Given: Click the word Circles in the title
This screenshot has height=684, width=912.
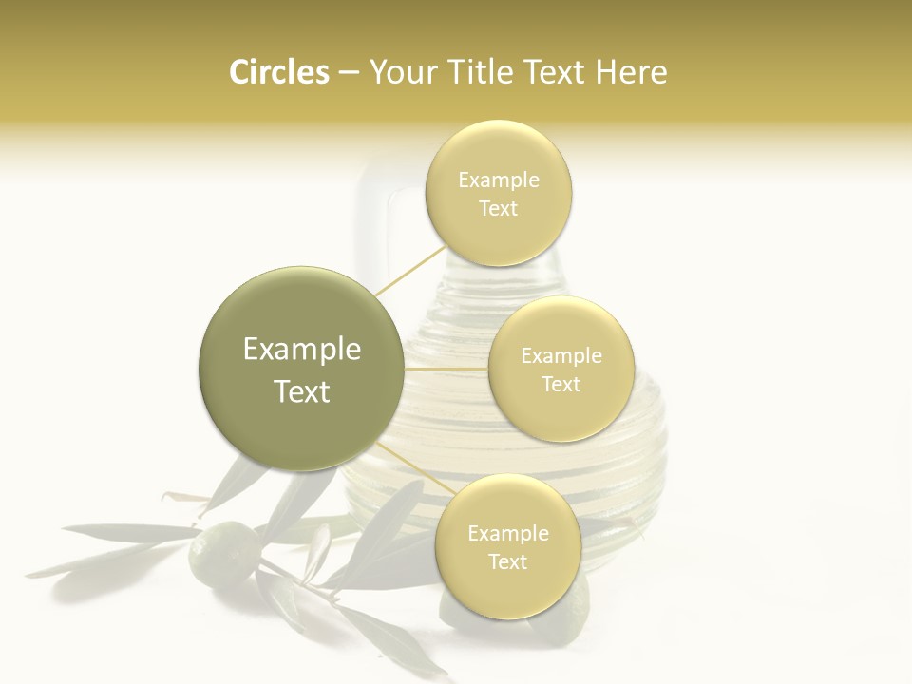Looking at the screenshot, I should click(x=278, y=72).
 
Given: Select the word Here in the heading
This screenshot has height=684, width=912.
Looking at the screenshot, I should click(x=632, y=72).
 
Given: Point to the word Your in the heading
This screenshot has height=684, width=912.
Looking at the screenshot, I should click(x=403, y=72).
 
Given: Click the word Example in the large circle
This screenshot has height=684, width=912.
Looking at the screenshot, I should click(x=301, y=350).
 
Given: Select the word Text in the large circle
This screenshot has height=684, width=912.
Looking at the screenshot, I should click(x=301, y=391).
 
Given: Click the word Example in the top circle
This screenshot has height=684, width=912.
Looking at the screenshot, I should click(x=499, y=180).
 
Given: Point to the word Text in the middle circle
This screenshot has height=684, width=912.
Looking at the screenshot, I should click(x=560, y=385).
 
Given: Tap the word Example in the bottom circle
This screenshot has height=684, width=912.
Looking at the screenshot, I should click(x=507, y=534).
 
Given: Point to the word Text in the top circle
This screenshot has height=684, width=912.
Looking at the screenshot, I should click(x=499, y=209).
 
